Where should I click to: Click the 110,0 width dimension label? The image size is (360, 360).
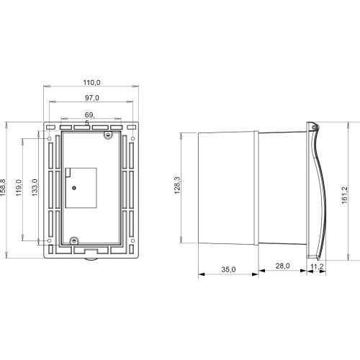click(91, 83)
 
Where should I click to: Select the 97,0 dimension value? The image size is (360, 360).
click(92, 98)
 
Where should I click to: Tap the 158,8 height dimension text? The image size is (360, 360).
click(3, 187)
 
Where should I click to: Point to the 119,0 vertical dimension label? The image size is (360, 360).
click(19, 188)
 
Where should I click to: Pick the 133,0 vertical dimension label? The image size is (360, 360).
click(35, 187)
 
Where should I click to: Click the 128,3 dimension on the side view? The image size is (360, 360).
click(177, 185)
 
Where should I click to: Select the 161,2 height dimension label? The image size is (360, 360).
click(344, 195)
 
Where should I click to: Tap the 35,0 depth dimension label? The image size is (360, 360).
click(228, 269)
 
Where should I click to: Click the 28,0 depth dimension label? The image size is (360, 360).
click(282, 266)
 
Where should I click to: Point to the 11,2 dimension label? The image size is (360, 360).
click(317, 266)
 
